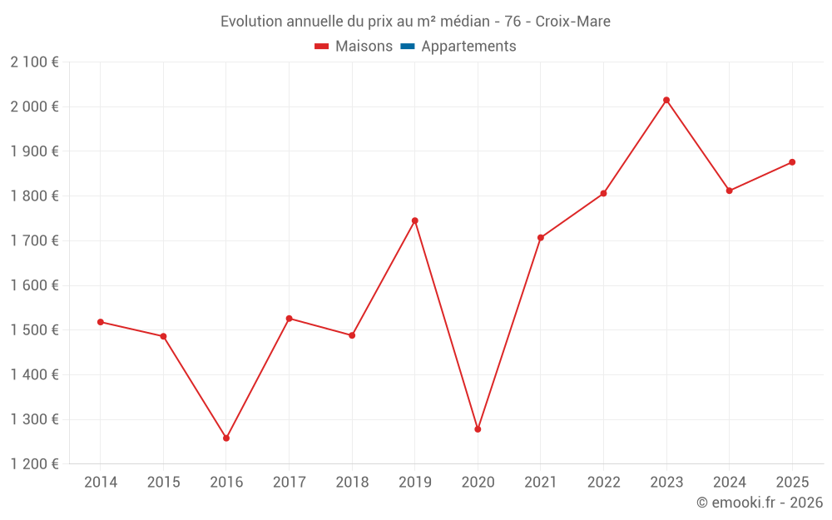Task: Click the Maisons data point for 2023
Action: pos(666,100)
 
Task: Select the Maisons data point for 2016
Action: pos(226,438)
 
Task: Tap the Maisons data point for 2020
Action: pos(478,429)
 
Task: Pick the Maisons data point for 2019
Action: pos(414,220)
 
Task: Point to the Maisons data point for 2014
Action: pos(101,322)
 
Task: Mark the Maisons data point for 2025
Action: pos(792,162)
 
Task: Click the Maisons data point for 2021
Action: pos(541,238)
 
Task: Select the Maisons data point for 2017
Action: pos(289,319)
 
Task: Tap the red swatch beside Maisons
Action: pos(322,47)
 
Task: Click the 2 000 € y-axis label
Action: pos(34,106)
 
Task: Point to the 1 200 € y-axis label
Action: pos(34,464)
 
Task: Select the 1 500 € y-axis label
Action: pos(34,330)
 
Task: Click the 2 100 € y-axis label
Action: pos(34,62)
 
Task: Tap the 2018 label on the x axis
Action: pos(352,483)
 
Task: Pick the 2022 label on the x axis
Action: pos(603,483)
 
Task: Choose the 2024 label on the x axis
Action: pos(729,483)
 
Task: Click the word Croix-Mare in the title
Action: pos(573,22)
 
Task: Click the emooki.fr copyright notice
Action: pos(759,503)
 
